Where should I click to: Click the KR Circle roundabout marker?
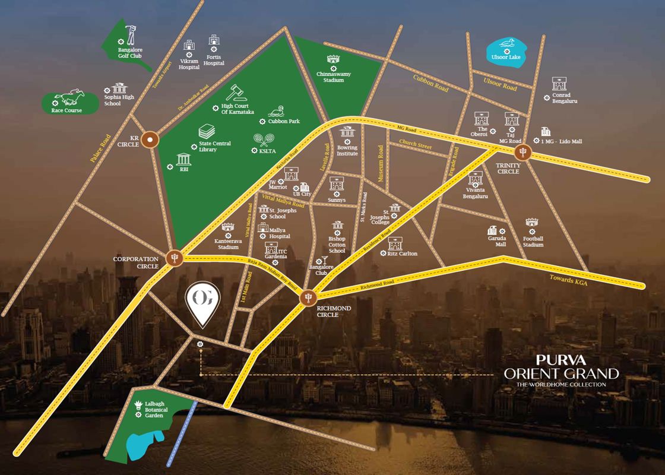click(x=151, y=141)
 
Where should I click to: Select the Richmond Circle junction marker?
click(x=308, y=296)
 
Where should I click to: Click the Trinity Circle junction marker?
click(x=522, y=151)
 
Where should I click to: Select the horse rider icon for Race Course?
click(x=69, y=97)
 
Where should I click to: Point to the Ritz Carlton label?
click(x=402, y=254)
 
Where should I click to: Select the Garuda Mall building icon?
click(x=492, y=230)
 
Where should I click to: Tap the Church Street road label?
click(x=416, y=143)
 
